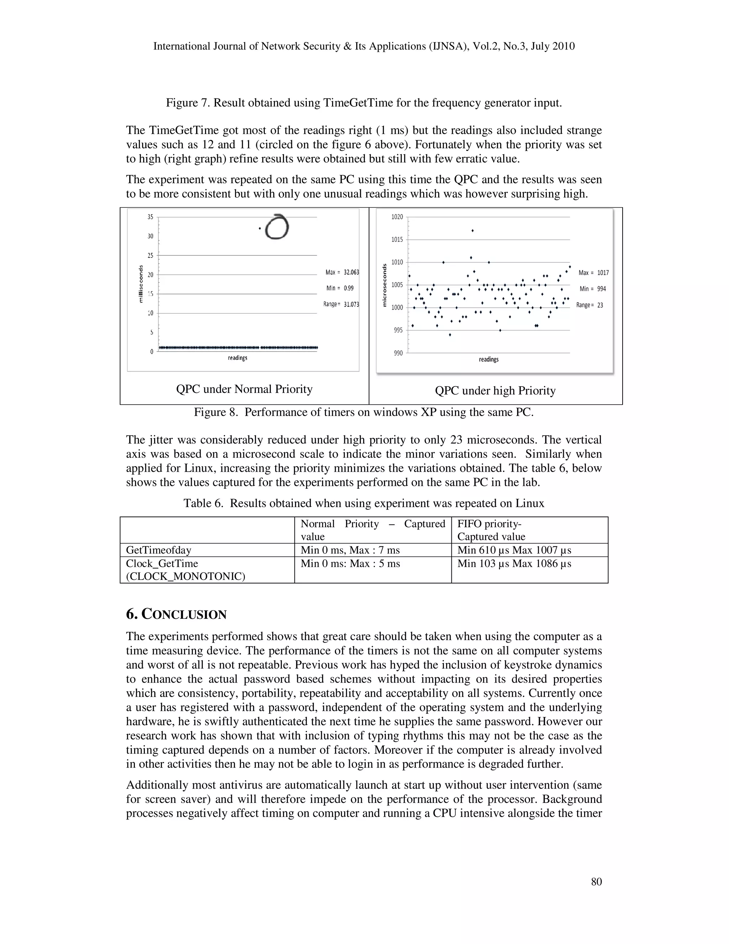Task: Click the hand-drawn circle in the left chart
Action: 276,227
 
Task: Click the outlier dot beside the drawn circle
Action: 259,228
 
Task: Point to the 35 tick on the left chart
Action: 150,217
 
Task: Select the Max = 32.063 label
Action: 342,272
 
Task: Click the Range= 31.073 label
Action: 341,304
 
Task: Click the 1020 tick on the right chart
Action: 397,217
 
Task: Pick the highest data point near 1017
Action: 472,231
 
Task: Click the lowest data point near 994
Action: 450,334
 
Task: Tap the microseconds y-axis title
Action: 384,285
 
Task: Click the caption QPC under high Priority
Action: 495,391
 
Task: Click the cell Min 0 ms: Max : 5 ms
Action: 350,564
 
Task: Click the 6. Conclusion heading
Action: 176,614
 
